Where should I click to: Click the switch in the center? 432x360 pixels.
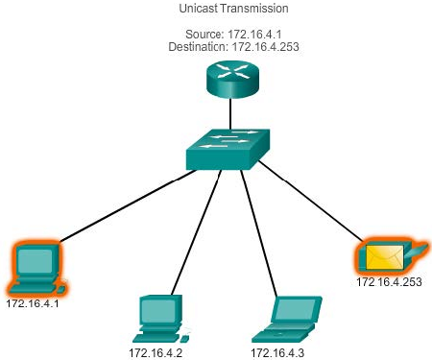pyautogui.click(x=228, y=150)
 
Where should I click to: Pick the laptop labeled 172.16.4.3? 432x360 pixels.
pyautogui.click(x=287, y=320)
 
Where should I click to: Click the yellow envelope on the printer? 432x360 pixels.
pyautogui.click(x=385, y=256)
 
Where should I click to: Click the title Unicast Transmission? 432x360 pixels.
pyautogui.click(x=233, y=9)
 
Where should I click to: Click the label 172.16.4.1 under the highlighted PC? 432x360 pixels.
pyautogui.click(x=33, y=303)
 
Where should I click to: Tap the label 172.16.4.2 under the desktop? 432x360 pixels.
pyautogui.click(x=156, y=353)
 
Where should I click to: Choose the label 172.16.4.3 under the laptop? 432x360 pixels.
pyautogui.click(x=277, y=353)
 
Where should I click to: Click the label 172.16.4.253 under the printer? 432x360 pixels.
pyautogui.click(x=389, y=282)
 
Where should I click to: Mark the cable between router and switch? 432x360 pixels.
pyautogui.click(x=230, y=113)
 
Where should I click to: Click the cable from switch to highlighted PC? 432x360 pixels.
pyautogui.click(x=128, y=205)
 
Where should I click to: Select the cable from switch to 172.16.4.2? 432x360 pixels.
pyautogui.click(x=197, y=232)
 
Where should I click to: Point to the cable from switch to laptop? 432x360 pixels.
pyautogui.click(x=258, y=233)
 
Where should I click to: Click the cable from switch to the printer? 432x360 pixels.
pyautogui.click(x=311, y=201)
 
